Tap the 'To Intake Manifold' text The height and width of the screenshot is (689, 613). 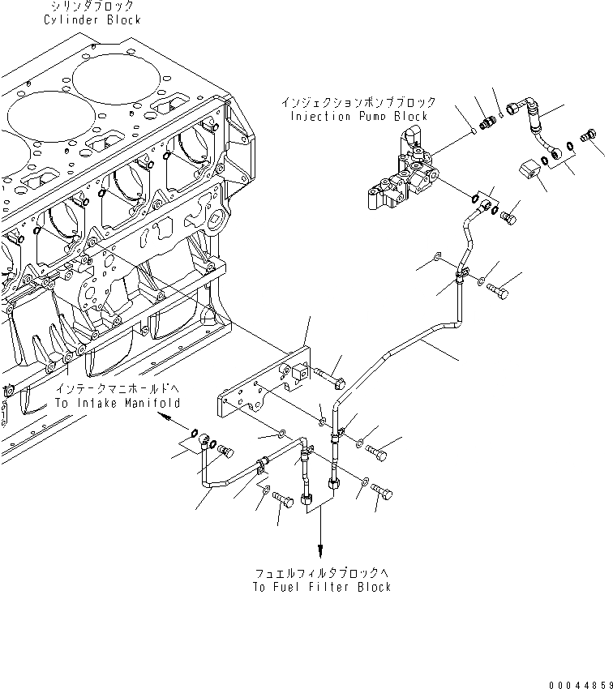coord(117,403)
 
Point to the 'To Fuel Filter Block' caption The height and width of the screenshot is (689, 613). coord(322,587)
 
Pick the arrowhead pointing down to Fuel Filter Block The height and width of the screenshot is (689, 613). coord(321,552)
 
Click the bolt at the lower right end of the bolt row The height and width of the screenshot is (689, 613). coord(384,492)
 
